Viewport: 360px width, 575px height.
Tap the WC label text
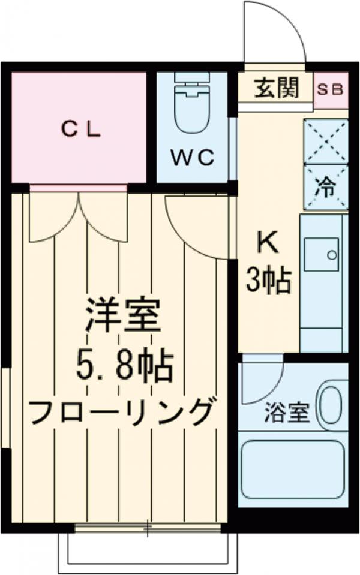click(x=191, y=158)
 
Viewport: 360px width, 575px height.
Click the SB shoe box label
click(x=331, y=89)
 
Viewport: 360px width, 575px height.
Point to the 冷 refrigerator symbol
click(x=326, y=188)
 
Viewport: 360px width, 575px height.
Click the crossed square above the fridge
click(x=326, y=140)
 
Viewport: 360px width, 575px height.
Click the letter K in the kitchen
click(x=267, y=243)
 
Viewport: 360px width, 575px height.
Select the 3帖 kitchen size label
click(x=268, y=279)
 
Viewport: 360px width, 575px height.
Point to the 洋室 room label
click(x=122, y=318)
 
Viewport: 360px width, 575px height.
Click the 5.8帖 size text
click(x=124, y=366)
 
